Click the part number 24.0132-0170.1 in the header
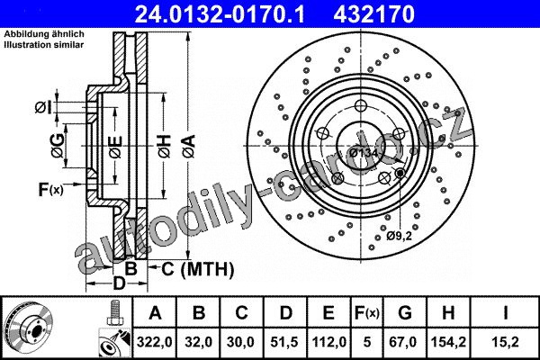coord(220,13)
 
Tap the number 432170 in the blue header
coord(373,13)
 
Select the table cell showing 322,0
coord(154,342)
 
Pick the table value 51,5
coord(285,342)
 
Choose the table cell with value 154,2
coord(448,342)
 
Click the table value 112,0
coord(328,342)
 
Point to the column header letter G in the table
coord(405,313)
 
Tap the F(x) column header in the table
coord(367,313)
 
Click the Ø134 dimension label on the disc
coord(364,153)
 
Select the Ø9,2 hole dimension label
coord(399,236)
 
